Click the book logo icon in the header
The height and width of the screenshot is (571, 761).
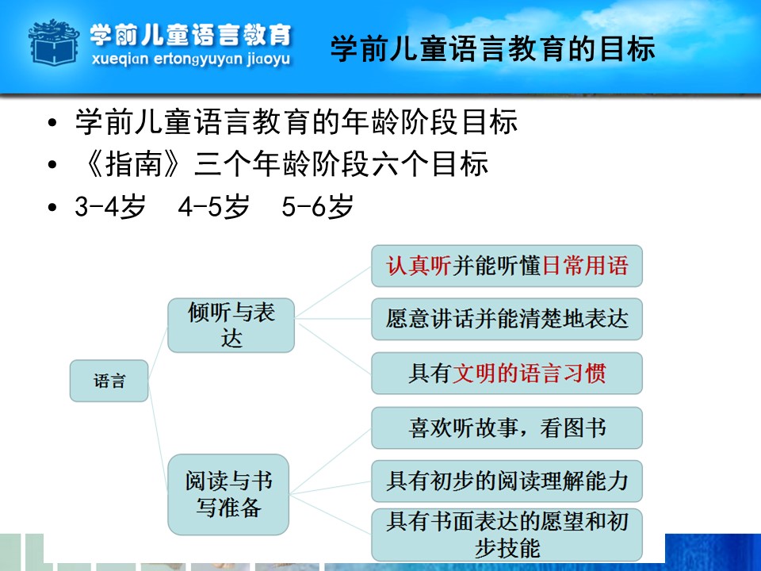(54, 42)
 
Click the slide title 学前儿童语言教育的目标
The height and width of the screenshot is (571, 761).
(492, 48)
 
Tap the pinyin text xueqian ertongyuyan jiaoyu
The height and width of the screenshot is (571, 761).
(191, 59)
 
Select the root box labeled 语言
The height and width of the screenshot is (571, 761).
(109, 381)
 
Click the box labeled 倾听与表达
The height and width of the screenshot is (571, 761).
(231, 325)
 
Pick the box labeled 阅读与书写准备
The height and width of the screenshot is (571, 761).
(228, 494)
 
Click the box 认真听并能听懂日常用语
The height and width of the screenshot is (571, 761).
(507, 266)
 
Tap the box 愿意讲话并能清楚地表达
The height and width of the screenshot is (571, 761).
(507, 319)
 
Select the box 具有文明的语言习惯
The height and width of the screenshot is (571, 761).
(507, 374)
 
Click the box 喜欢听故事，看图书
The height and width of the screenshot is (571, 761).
(507, 427)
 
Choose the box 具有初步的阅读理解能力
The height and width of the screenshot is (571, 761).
(507, 481)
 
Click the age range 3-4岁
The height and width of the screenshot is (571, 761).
(110, 207)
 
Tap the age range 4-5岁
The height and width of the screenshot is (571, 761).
(213, 207)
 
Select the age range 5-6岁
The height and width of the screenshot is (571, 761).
(317, 207)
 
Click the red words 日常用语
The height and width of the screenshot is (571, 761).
(585, 266)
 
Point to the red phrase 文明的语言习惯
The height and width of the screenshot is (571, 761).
(529, 374)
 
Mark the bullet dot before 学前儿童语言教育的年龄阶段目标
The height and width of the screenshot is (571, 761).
(52, 122)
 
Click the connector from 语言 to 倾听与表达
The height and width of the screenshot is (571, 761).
(158, 353)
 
